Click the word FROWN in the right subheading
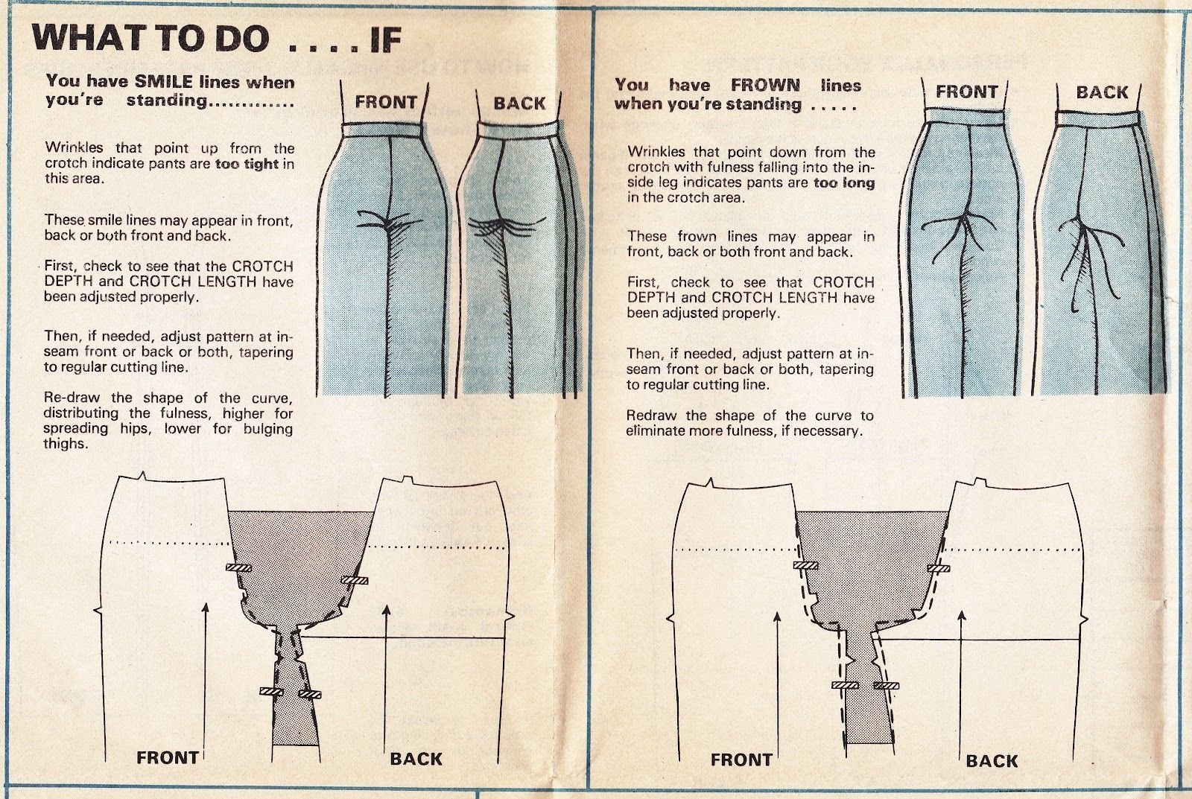[765, 86]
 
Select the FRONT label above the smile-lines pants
[386, 102]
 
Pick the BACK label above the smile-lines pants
[519, 104]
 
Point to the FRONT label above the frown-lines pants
[966, 92]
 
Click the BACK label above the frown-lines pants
[1102, 92]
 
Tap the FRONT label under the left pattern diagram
[168, 758]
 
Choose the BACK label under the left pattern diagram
[416, 759]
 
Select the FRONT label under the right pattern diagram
[741, 760]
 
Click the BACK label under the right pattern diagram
[992, 761]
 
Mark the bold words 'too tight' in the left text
[247, 164]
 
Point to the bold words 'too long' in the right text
[844, 182]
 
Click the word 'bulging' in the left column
[267, 429]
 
